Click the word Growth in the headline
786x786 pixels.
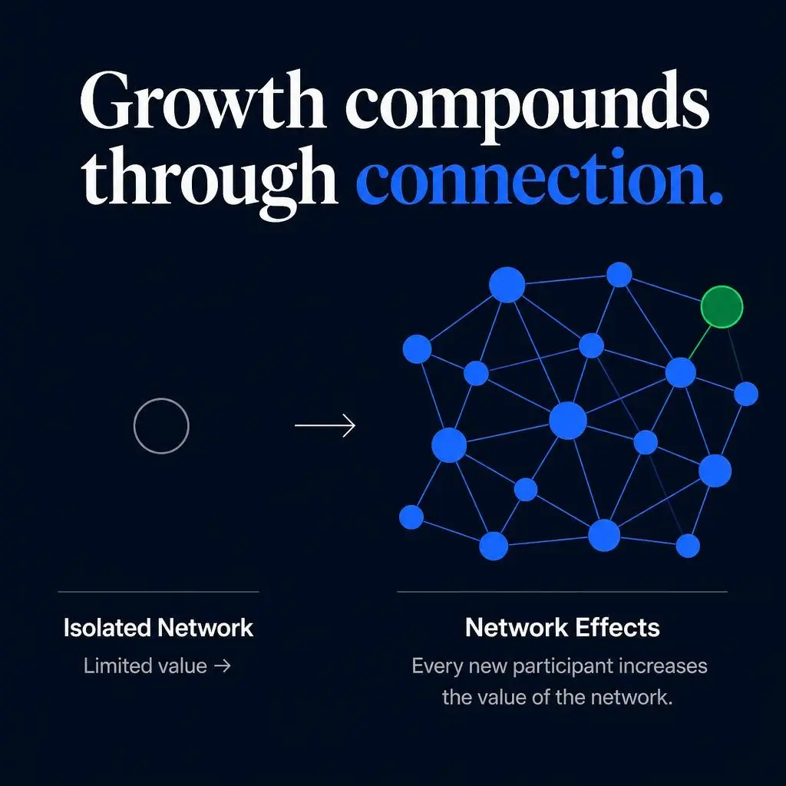pyautogui.click(x=203, y=101)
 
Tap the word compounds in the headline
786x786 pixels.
pyautogui.click(x=527, y=106)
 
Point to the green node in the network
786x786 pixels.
pyautogui.click(x=722, y=307)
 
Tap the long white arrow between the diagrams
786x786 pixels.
pyautogui.click(x=325, y=425)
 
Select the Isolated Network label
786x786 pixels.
pyautogui.click(x=158, y=628)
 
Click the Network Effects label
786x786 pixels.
pyautogui.click(x=563, y=627)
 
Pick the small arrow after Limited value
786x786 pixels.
pyautogui.click(x=223, y=666)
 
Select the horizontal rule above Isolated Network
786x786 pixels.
pyautogui.click(x=158, y=592)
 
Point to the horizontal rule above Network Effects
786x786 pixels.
pyautogui.click(x=562, y=592)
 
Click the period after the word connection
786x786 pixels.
pyautogui.click(x=717, y=199)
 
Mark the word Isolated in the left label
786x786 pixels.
pyautogui.click(x=107, y=628)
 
